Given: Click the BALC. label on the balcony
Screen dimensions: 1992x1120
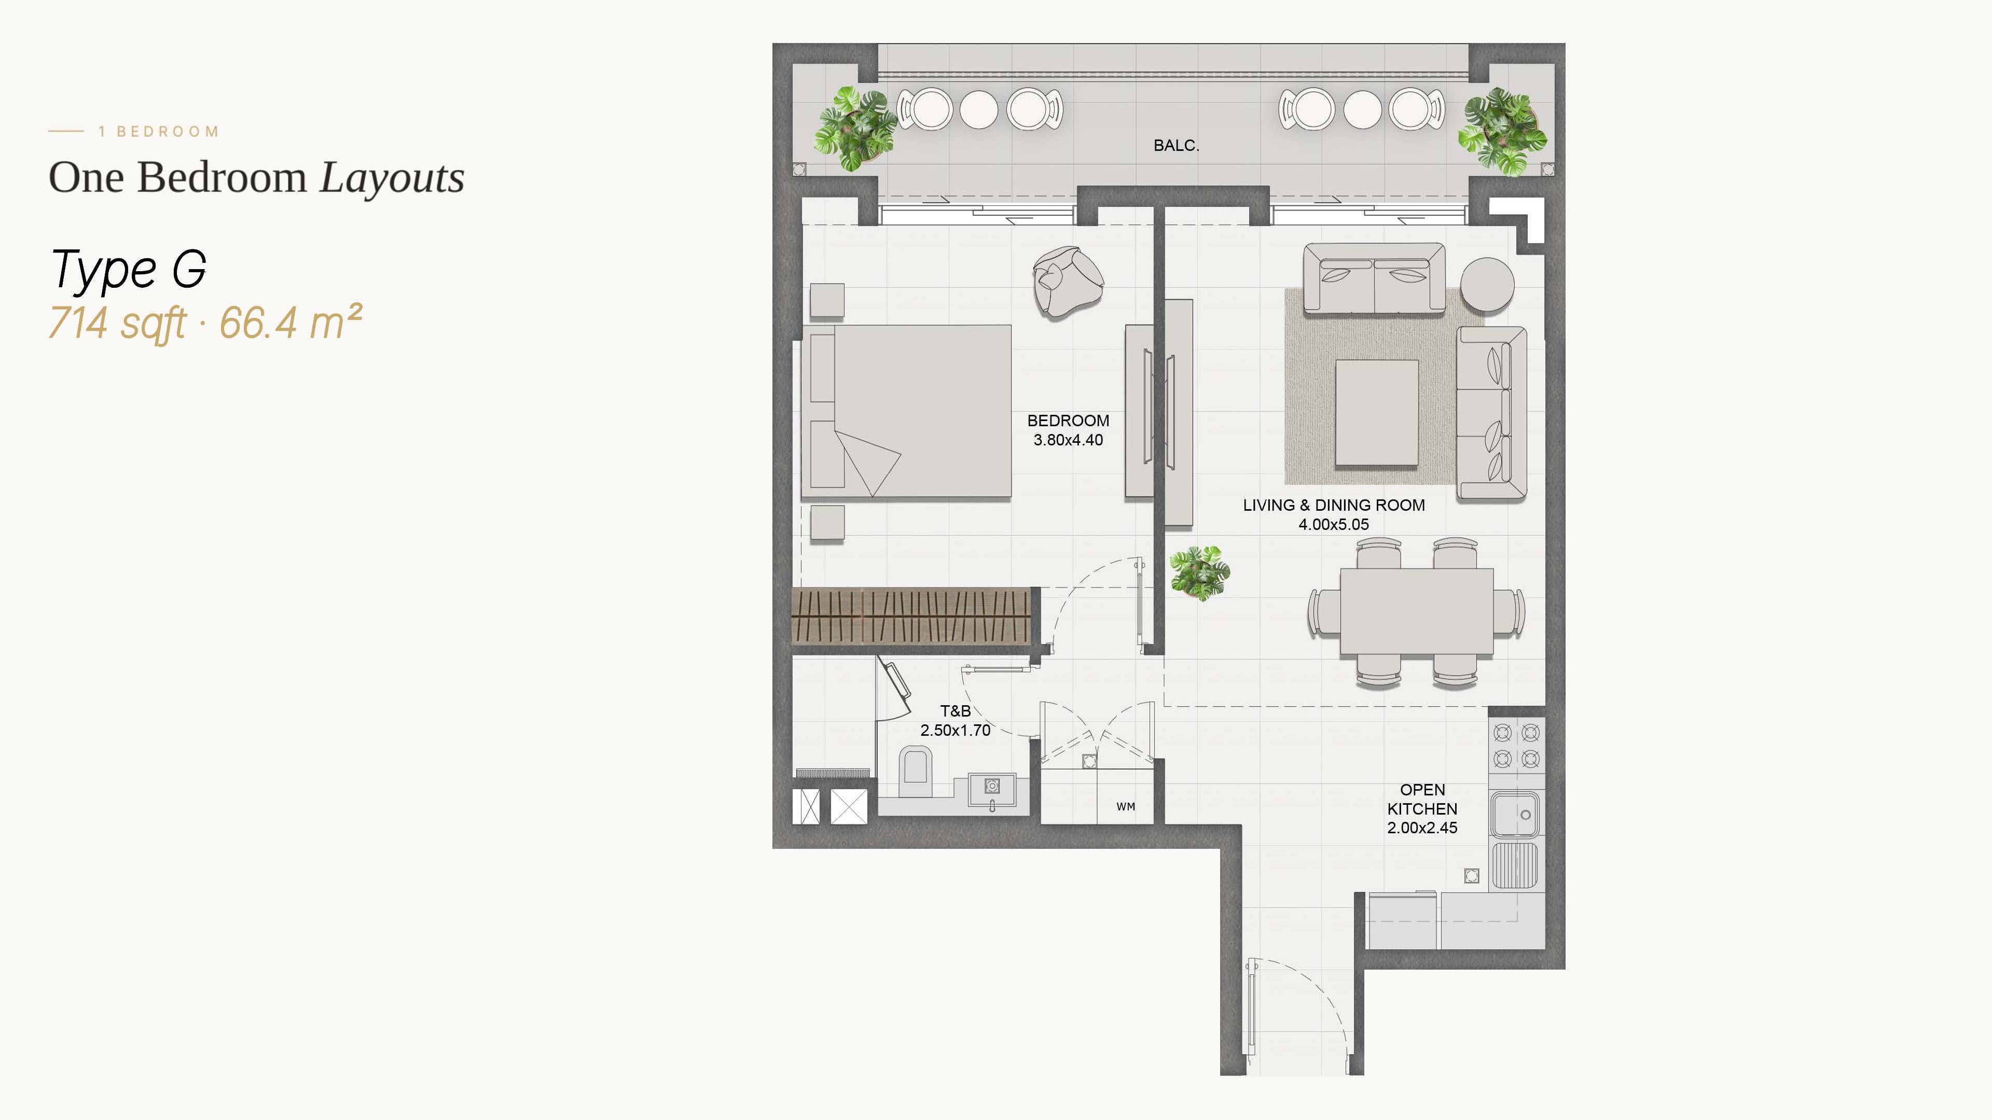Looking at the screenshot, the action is [x=1175, y=145].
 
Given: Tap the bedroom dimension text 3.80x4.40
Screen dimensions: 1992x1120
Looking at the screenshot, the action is [x=1068, y=440].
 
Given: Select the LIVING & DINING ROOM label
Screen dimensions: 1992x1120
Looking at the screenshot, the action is [x=1334, y=505].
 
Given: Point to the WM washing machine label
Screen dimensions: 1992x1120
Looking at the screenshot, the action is [x=1126, y=806].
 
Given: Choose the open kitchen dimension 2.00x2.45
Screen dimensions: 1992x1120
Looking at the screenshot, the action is [x=1422, y=828].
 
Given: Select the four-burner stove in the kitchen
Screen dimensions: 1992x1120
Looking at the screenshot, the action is [x=1516, y=745].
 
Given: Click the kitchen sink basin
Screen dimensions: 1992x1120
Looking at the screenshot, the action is [x=1515, y=814].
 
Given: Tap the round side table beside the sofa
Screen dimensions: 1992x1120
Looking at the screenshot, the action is [x=1487, y=284].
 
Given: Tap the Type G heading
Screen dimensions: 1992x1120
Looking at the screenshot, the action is [x=128, y=269].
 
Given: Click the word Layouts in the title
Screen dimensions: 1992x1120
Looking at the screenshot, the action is [x=392, y=178].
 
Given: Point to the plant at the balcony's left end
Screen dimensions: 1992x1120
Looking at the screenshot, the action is [x=854, y=128].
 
